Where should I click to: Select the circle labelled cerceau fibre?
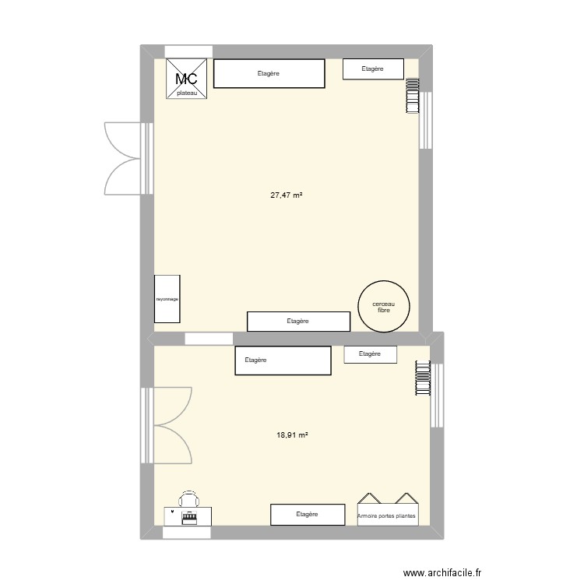[x=382, y=306]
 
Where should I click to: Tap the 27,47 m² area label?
[x=286, y=195]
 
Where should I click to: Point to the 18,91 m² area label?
[x=292, y=436]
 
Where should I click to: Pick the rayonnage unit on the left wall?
[x=167, y=298]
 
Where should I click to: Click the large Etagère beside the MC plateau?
[x=269, y=74]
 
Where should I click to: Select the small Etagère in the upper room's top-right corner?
[x=373, y=69]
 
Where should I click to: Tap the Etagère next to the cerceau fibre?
[x=298, y=321]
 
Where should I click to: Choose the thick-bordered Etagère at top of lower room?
[x=283, y=361]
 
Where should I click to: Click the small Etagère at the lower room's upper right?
[x=371, y=354]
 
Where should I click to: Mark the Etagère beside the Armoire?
[x=308, y=514]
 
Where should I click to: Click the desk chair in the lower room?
[x=188, y=499]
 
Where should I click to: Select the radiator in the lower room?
[x=423, y=379]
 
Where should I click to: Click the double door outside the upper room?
[x=121, y=157]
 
